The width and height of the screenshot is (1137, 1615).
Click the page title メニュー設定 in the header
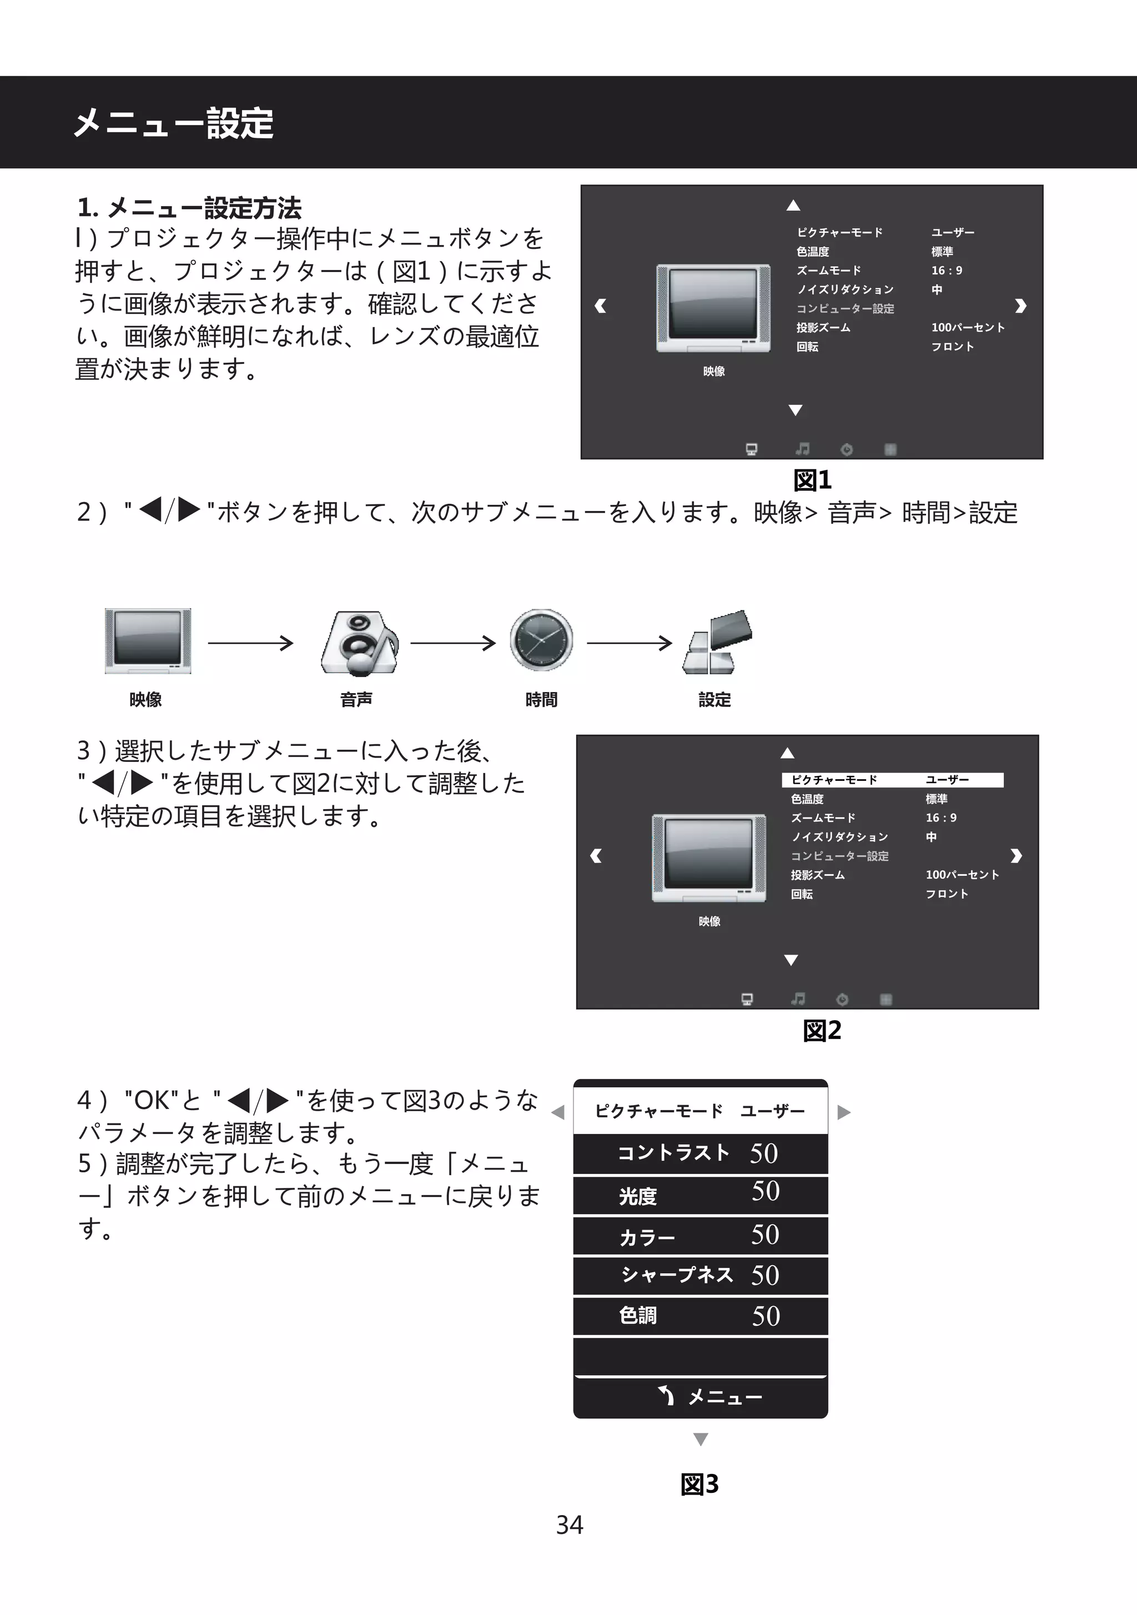coord(173,124)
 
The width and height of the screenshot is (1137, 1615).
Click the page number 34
coord(569,1524)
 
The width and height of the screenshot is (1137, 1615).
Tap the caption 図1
coord(812,480)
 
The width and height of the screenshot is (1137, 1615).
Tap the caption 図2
coord(822,1030)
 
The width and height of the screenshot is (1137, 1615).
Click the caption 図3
coord(700,1484)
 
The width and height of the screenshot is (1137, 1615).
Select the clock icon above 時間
coord(541,640)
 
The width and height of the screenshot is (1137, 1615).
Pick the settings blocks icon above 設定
coord(716,641)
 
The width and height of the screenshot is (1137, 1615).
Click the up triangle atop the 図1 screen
coord(793,205)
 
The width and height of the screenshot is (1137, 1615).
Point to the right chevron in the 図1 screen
coord(1021,306)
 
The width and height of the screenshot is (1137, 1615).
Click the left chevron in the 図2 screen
coord(596,856)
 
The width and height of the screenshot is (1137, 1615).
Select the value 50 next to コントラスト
coord(763,1153)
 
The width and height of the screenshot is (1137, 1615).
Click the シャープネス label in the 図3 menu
coord(676,1275)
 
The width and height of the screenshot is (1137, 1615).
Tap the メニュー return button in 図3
coord(710,1396)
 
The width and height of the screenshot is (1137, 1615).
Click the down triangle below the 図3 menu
coord(700,1439)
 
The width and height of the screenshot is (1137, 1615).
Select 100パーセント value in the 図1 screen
coord(968,328)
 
